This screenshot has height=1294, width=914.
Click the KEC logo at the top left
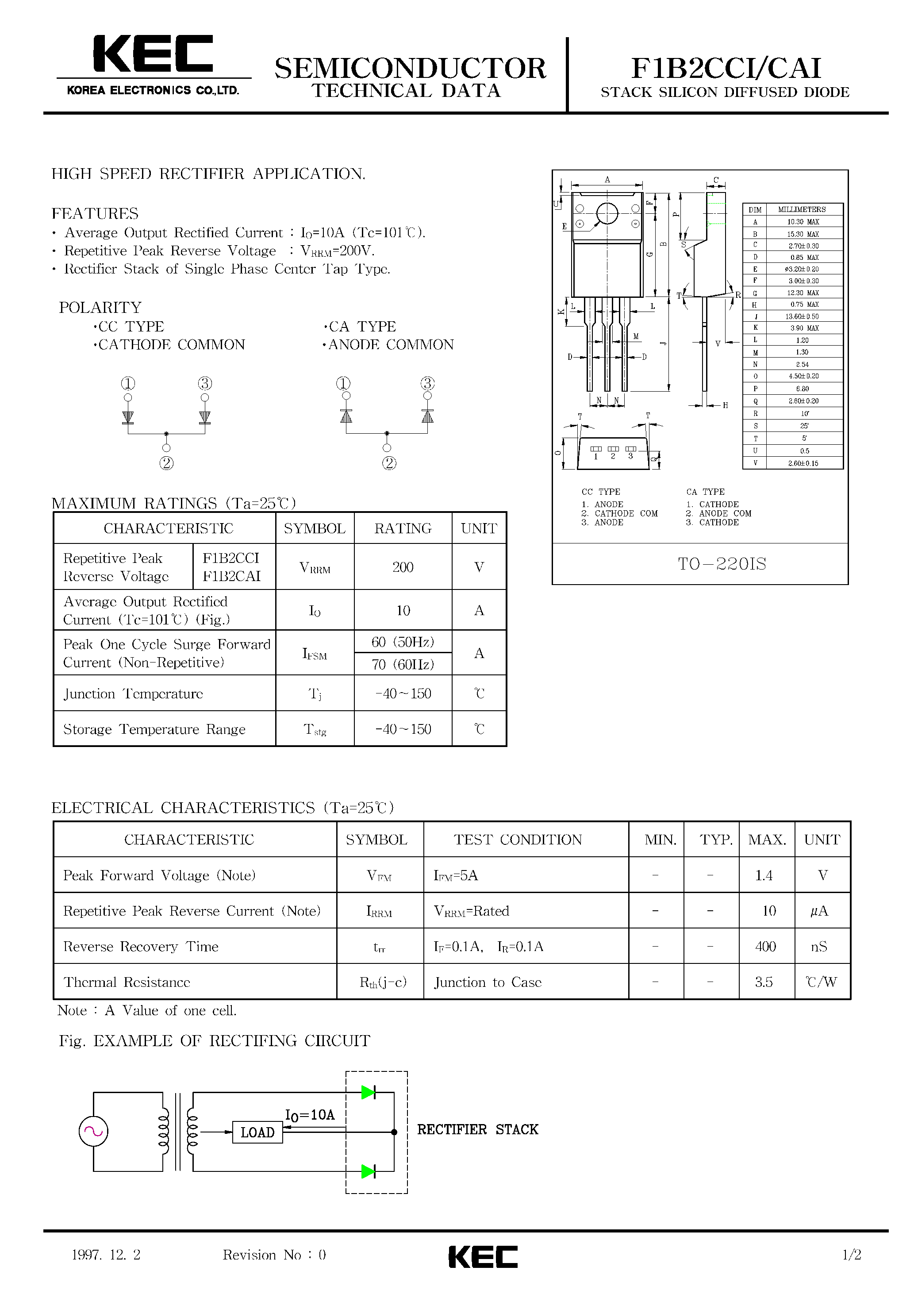[153, 55]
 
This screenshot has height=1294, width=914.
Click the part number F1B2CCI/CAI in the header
[726, 68]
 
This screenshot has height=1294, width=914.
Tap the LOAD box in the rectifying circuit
[257, 1132]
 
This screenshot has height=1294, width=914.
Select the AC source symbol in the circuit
[93, 1131]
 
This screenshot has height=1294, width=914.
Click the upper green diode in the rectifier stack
[369, 1092]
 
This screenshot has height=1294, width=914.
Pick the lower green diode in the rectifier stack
[369, 1172]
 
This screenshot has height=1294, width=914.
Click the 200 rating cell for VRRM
[403, 567]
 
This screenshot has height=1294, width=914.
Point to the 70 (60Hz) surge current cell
[403, 664]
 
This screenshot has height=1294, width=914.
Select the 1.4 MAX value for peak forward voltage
[764, 875]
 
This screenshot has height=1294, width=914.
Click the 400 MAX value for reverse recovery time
[765, 946]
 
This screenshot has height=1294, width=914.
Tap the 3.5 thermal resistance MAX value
[764, 982]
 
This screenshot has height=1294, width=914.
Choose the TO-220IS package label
[722, 564]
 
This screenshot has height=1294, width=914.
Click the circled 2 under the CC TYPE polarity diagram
[166, 463]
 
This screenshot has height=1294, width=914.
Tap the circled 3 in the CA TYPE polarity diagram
[428, 384]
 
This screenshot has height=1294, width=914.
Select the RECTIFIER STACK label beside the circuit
[478, 1129]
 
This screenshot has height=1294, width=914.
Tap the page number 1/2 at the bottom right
[852, 1255]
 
